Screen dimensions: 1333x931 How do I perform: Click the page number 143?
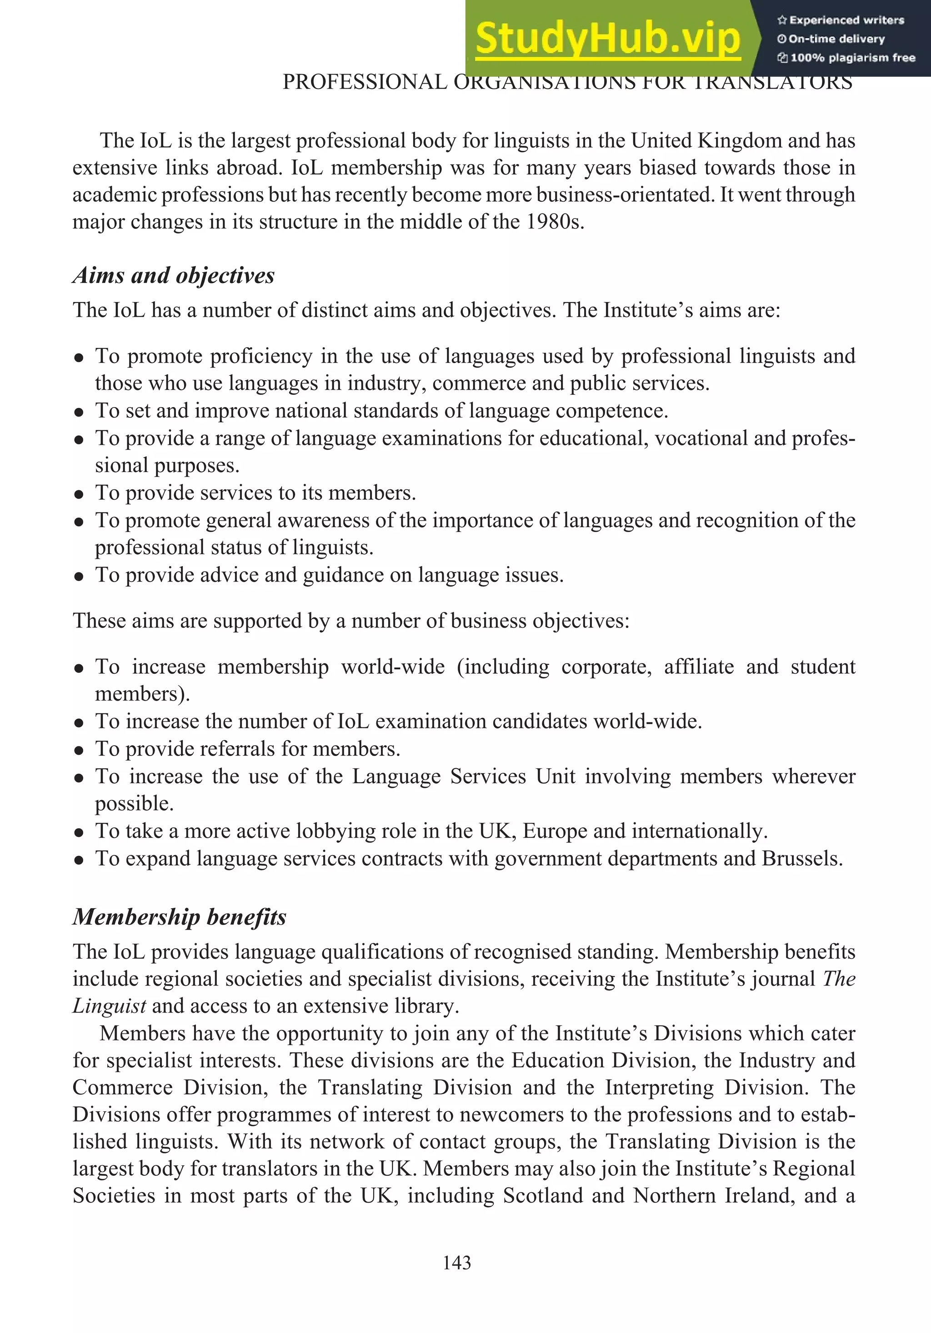pyautogui.click(x=456, y=1263)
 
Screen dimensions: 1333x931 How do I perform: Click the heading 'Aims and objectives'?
pyautogui.click(x=174, y=275)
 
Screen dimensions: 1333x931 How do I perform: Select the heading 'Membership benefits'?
pyautogui.click(x=180, y=917)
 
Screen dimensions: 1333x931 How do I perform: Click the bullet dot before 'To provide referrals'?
pyautogui.click(x=80, y=750)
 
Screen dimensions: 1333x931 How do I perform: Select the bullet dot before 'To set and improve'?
pyautogui.click(x=80, y=412)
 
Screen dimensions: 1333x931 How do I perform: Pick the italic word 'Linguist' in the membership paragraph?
pyautogui.click(x=109, y=1005)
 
